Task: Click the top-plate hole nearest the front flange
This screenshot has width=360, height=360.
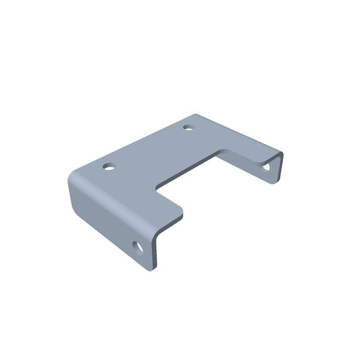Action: (109, 167)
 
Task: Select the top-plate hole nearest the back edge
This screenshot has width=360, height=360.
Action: (189, 128)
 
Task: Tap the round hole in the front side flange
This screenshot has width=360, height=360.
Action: (138, 249)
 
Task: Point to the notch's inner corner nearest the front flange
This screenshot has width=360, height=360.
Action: (158, 189)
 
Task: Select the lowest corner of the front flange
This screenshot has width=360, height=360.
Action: (151, 269)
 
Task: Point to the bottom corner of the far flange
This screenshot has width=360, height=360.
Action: (274, 181)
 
